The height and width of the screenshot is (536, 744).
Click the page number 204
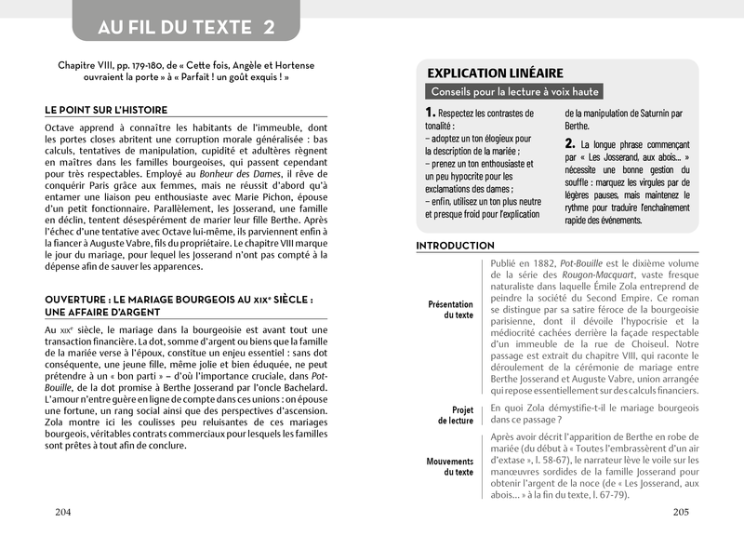click(63, 513)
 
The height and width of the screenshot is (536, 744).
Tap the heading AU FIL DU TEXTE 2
click(186, 26)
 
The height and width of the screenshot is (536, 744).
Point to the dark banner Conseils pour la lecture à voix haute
click(515, 92)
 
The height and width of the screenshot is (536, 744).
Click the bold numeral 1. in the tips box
click(432, 114)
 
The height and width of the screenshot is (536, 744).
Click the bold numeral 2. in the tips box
click(571, 144)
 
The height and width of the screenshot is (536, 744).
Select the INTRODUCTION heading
click(455, 246)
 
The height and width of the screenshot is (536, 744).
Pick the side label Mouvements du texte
click(450, 466)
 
